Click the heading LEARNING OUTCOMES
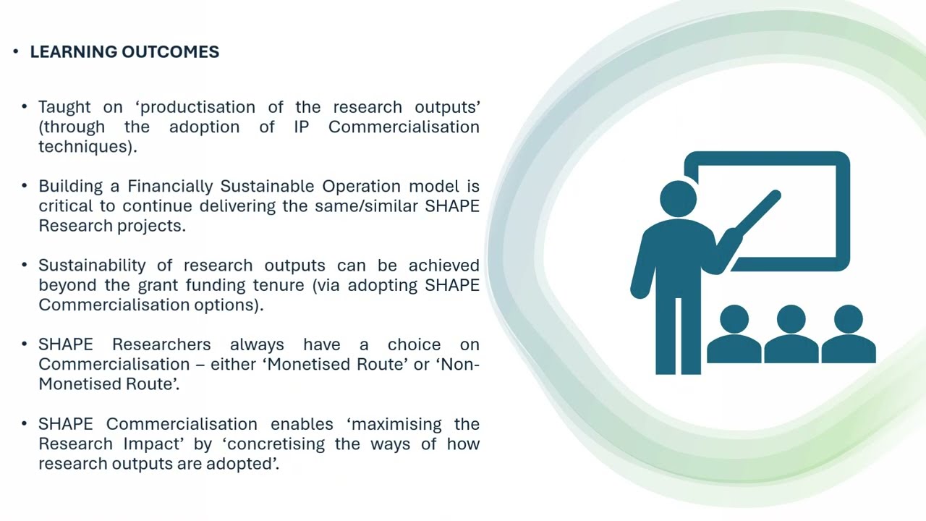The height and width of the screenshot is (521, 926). (124, 52)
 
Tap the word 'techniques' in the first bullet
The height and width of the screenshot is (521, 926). (85, 146)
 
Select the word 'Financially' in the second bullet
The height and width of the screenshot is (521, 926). (171, 186)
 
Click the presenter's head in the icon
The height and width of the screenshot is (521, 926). (678, 198)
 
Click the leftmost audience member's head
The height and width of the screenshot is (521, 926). (734, 319)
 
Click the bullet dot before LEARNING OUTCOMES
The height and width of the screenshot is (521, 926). (16, 52)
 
